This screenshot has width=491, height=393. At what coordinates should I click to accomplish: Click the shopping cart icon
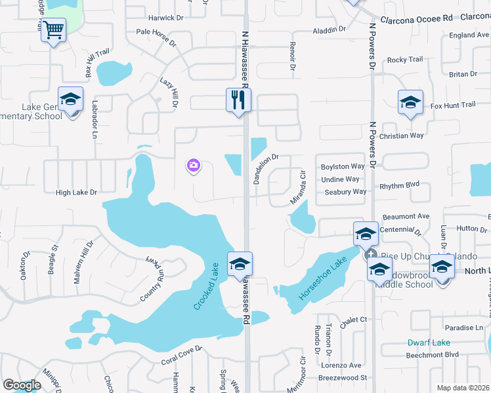coord(54,29)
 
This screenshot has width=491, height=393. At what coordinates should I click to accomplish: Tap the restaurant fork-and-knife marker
coord(238,100)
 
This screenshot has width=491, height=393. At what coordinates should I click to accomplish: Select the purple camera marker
coord(193,166)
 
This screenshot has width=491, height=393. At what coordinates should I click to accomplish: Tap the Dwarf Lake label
coord(428,343)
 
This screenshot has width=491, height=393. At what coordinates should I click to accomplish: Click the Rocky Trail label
coord(405,60)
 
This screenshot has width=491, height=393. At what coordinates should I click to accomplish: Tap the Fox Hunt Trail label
coord(452,105)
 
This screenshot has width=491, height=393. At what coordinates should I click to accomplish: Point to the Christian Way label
coord(402,136)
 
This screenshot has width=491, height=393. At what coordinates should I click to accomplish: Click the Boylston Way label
coord(342,166)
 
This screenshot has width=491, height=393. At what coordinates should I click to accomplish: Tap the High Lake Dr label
coord(76,193)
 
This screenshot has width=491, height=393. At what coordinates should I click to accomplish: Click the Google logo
coord(22,385)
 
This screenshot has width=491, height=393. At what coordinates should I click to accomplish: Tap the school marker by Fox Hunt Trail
coord(410,103)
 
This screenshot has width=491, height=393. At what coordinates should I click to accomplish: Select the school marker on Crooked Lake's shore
coord(240,265)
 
